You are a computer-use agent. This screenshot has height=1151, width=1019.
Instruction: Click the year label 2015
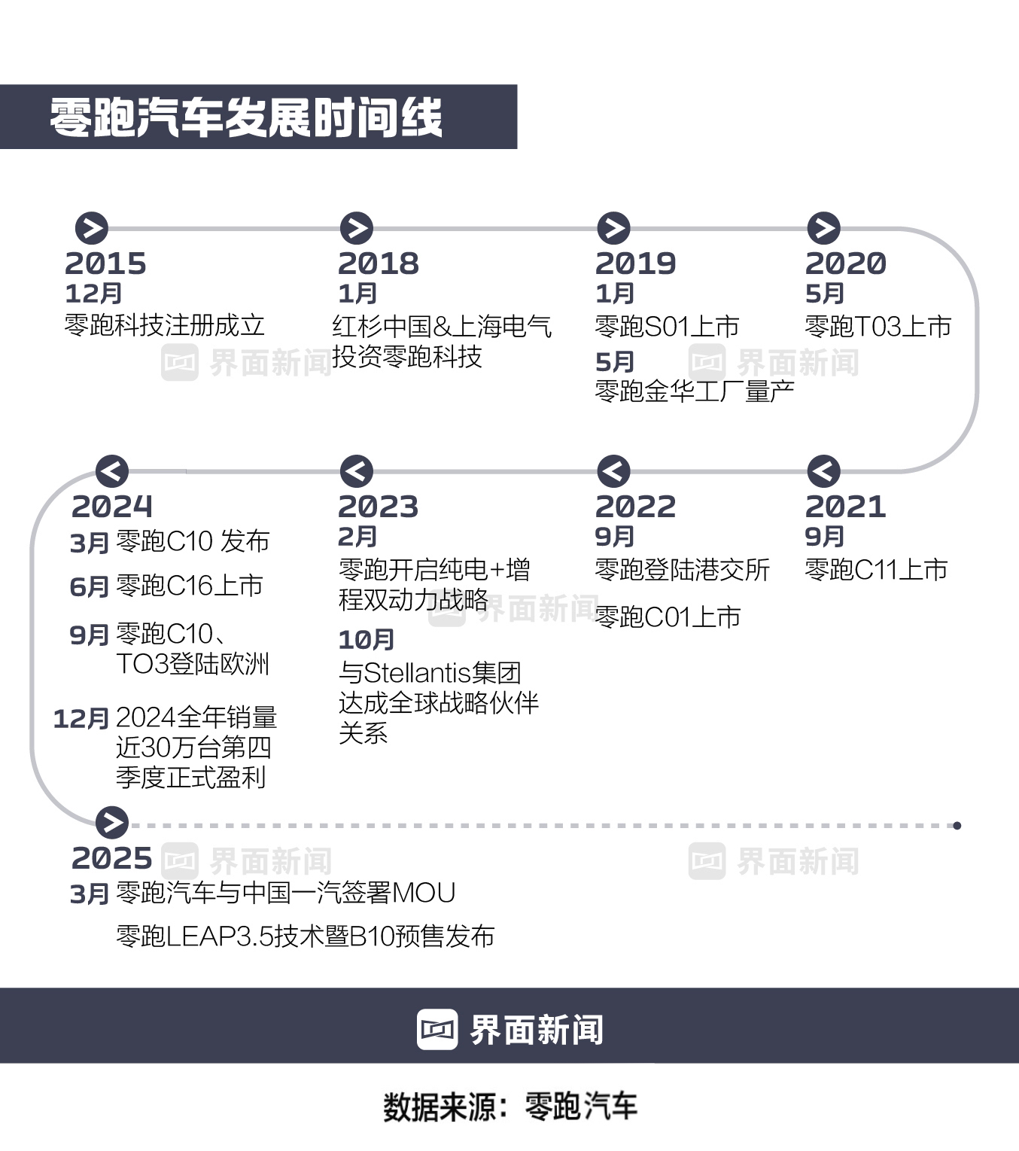[105, 263]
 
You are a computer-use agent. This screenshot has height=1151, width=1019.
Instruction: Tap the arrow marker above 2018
[357, 228]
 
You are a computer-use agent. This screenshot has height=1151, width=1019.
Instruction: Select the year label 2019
[636, 263]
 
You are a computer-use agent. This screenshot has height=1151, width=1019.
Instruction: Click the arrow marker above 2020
[823, 228]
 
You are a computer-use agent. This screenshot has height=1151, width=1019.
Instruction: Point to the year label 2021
[846, 507]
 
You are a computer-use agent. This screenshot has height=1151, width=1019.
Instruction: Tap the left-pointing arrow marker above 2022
[613, 472]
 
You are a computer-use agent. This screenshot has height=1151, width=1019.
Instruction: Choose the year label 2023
[379, 507]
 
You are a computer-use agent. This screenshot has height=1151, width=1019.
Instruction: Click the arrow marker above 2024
[112, 472]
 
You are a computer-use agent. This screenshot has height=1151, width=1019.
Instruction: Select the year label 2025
[112, 858]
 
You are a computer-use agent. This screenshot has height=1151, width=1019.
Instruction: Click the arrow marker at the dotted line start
[112, 823]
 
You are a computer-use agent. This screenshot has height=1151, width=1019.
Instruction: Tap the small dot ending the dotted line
[957, 826]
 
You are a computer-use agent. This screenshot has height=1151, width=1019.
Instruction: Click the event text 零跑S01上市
[667, 327]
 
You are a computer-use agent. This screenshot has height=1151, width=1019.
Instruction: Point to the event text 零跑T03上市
[878, 327]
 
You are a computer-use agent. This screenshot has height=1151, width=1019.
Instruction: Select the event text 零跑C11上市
[876, 570]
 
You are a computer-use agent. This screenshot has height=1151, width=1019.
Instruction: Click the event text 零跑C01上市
[668, 617]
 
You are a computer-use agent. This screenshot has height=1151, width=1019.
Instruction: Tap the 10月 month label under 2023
[367, 640]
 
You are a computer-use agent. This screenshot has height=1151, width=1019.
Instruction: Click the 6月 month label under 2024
[90, 587]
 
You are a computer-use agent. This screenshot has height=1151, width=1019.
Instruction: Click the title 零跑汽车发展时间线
[246, 117]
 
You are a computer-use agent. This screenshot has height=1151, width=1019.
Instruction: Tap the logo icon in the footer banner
[437, 1029]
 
